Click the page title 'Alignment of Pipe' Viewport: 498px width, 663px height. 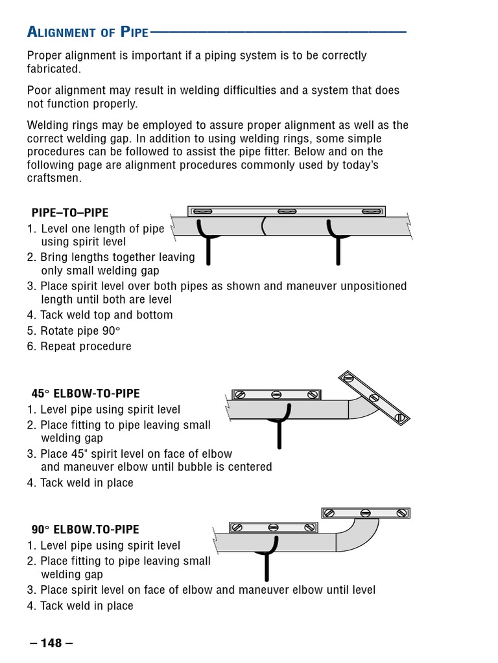click(x=88, y=31)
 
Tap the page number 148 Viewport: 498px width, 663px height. click(x=51, y=643)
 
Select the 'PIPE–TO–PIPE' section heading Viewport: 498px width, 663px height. click(x=70, y=212)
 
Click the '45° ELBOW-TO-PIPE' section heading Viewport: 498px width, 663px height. click(x=86, y=394)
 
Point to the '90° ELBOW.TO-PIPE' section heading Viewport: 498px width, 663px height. click(x=85, y=530)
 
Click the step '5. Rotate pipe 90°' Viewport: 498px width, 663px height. click(x=74, y=331)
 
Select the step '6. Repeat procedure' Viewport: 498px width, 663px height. click(x=79, y=346)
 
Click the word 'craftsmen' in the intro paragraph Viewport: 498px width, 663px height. click(x=53, y=178)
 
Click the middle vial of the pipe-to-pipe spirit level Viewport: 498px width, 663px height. click(x=287, y=211)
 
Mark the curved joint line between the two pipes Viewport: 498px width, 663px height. click(x=263, y=227)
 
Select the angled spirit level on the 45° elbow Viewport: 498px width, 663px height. click(x=373, y=399)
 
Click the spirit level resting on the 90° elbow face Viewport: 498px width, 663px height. click(x=366, y=513)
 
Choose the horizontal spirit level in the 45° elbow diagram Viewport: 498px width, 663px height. click(x=276, y=394)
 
